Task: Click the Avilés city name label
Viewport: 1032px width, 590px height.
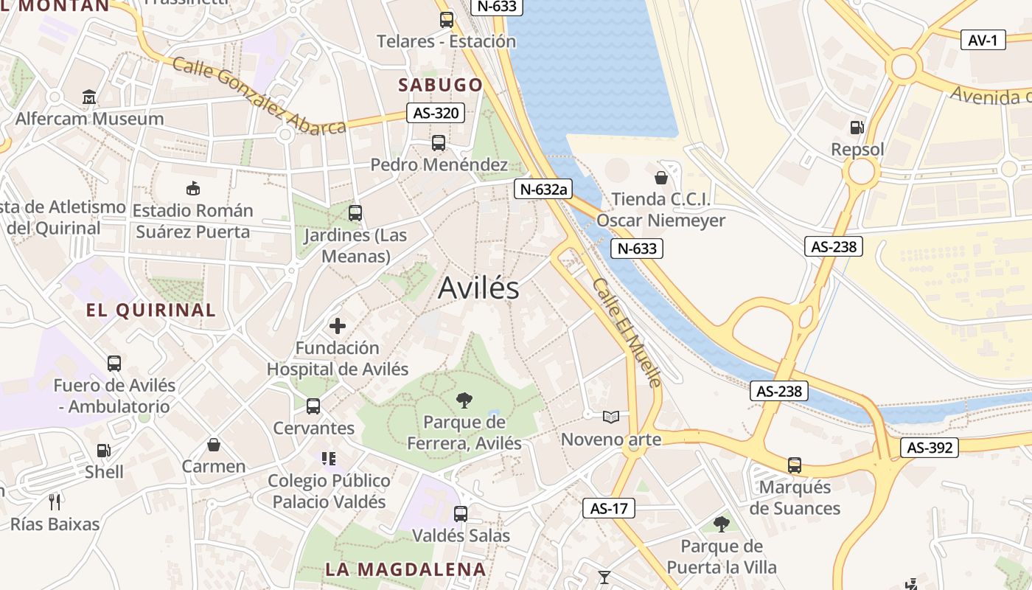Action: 478,288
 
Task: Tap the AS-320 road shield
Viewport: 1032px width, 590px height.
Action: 436,113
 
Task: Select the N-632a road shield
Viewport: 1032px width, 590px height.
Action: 543,189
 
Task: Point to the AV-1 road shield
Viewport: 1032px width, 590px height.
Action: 983,40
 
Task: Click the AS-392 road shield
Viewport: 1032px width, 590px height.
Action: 929,448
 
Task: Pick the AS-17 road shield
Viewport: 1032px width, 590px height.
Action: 609,508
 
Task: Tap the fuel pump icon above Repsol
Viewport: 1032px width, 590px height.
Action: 857,128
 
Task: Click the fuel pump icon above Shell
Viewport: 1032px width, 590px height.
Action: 104,450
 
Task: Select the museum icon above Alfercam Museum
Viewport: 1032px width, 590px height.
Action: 89,97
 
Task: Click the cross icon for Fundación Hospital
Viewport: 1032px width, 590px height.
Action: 338,325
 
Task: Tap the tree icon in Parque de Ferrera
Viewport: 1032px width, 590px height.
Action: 464,400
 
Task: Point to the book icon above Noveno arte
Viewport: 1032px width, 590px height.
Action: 610,417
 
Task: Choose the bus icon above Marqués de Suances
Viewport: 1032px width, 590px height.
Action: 795,465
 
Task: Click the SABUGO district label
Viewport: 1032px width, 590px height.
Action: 440,85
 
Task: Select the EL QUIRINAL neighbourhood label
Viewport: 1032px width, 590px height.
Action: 151,310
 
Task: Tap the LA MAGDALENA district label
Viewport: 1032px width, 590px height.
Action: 405,569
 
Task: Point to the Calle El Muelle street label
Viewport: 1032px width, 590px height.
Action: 627,331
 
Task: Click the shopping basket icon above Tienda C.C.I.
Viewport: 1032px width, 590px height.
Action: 660,178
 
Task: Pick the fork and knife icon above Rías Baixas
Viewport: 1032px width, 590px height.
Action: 54,502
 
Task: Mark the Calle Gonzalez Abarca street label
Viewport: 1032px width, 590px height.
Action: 259,96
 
